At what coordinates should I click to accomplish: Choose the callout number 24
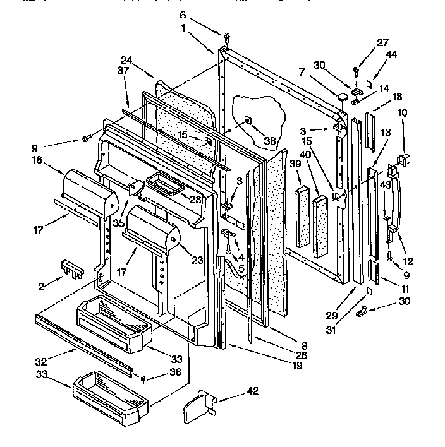126,60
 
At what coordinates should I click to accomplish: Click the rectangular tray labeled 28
162,186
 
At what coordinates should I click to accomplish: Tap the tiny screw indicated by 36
144,378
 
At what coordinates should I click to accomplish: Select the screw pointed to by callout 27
357,71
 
